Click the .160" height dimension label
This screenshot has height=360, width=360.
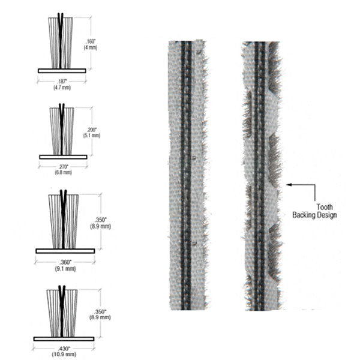pos(91,41)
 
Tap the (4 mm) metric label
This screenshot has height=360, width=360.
pos(91,47)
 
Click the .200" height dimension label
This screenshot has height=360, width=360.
pos(91,130)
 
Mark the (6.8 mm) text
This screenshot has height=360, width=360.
pos(62,173)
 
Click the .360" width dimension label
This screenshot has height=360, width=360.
pos(65,262)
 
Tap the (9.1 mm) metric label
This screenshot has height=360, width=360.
pos(65,268)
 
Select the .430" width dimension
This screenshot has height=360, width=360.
pos(64,349)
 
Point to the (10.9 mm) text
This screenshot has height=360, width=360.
pos(64,355)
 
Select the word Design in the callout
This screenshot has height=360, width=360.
pos(327,214)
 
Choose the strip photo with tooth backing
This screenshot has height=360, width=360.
pos(261,174)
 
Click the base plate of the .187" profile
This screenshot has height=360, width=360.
pos(61,70)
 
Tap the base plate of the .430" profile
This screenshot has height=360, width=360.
pos(64,338)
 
